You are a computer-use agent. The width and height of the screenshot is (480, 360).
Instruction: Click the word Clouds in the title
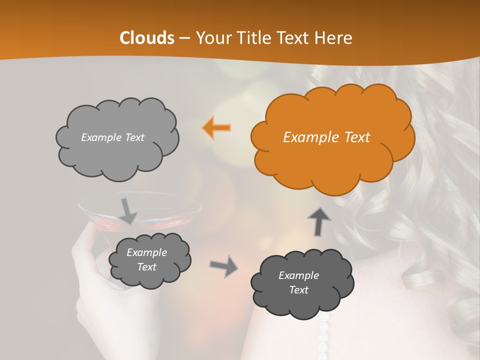pos(147,38)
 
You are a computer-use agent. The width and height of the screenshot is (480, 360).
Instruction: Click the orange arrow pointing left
pos(216,128)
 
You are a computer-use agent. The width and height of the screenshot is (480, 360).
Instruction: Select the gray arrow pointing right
pos(223,265)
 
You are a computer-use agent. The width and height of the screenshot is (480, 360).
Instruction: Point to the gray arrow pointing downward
pos(128,211)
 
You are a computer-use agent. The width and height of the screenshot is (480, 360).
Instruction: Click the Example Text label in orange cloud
pos(326,137)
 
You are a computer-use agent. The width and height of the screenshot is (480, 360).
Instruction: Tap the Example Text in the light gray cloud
pos(112,137)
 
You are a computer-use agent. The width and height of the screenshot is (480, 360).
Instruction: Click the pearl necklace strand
pos(323,335)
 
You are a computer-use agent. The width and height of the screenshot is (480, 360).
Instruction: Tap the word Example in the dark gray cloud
pos(298,275)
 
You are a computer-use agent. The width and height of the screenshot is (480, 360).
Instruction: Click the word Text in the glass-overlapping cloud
pos(147,267)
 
